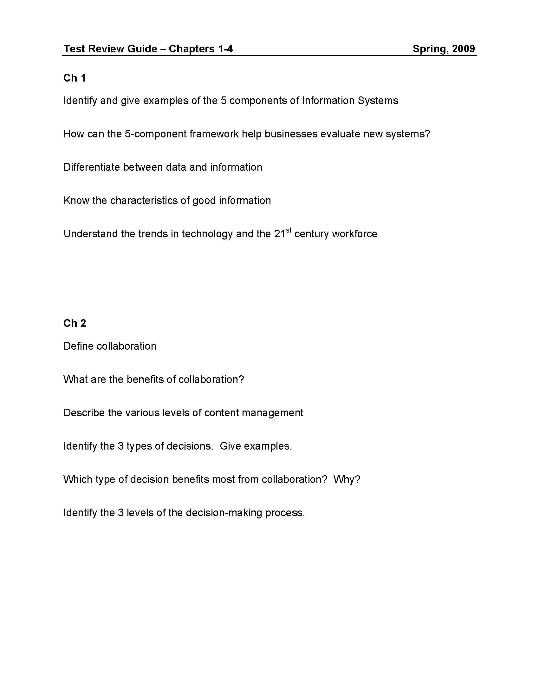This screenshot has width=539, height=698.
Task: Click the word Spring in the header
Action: point(430,49)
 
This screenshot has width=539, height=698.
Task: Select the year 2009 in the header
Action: point(463,49)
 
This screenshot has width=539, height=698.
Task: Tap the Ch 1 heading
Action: point(75,78)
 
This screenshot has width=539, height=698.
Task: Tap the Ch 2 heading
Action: point(75,323)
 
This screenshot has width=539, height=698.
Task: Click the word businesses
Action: point(291,134)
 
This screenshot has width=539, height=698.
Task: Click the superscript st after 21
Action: point(289,230)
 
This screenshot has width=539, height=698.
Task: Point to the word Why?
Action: point(347,479)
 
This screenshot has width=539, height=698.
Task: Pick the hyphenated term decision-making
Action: point(224,513)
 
